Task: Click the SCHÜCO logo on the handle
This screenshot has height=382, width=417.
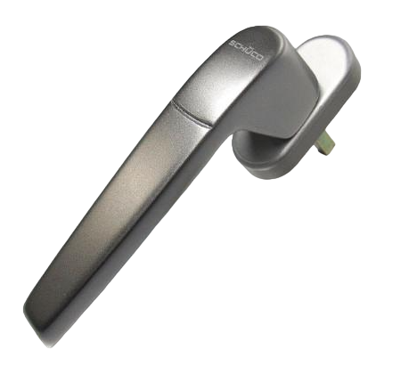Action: pyautogui.click(x=246, y=51)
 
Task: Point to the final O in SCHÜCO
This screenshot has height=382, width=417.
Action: pyautogui.click(x=259, y=58)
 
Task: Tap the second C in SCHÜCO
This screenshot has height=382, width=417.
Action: pyautogui.click(x=254, y=54)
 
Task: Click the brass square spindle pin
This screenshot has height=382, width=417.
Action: pyautogui.click(x=325, y=143)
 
